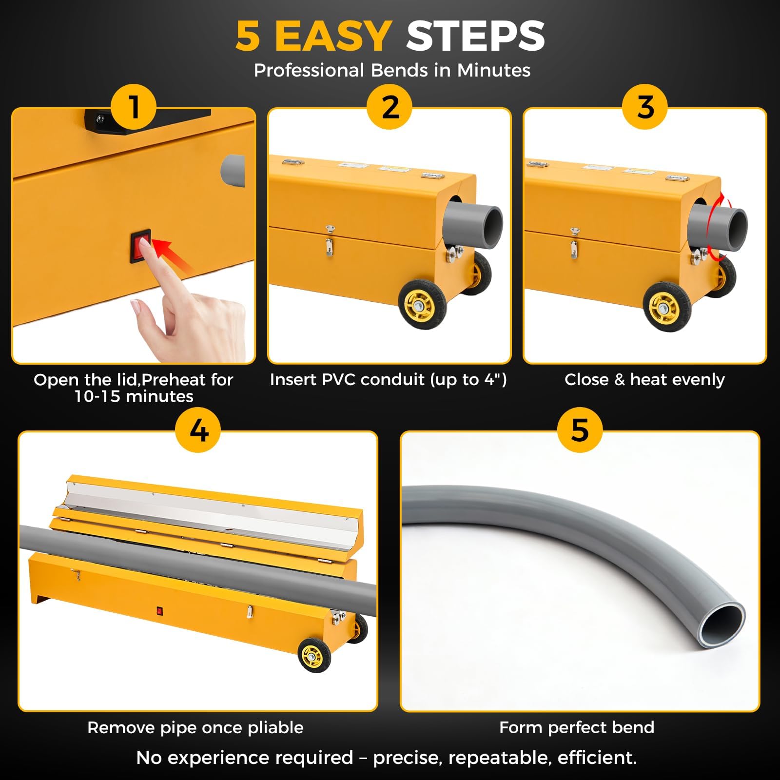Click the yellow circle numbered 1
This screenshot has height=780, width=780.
[134, 107]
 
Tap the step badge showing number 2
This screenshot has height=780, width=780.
[390, 107]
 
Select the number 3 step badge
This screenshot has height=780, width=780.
[645, 107]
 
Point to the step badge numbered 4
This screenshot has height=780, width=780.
[198, 430]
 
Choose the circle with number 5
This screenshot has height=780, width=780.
[580, 430]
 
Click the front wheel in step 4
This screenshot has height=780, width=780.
[314, 655]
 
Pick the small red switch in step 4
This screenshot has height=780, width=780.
[159, 610]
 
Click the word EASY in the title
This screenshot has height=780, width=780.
[333, 36]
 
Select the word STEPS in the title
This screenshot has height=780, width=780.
[475, 36]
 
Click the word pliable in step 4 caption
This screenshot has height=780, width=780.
[275, 728]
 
